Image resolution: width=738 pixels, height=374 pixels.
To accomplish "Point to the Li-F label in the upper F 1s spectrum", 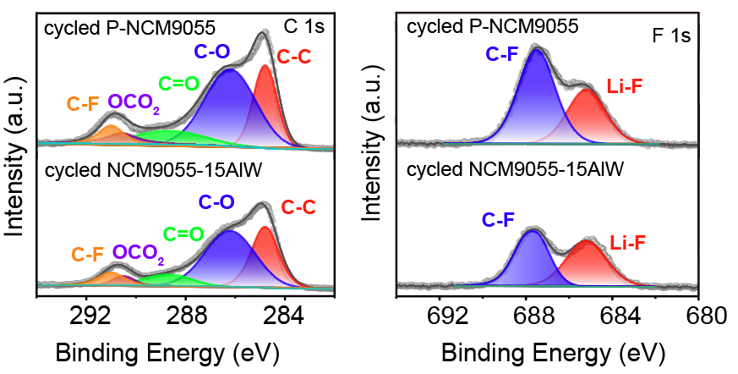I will [x=626, y=85].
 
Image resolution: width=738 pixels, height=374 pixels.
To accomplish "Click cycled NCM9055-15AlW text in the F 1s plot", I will [x=515, y=170].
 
